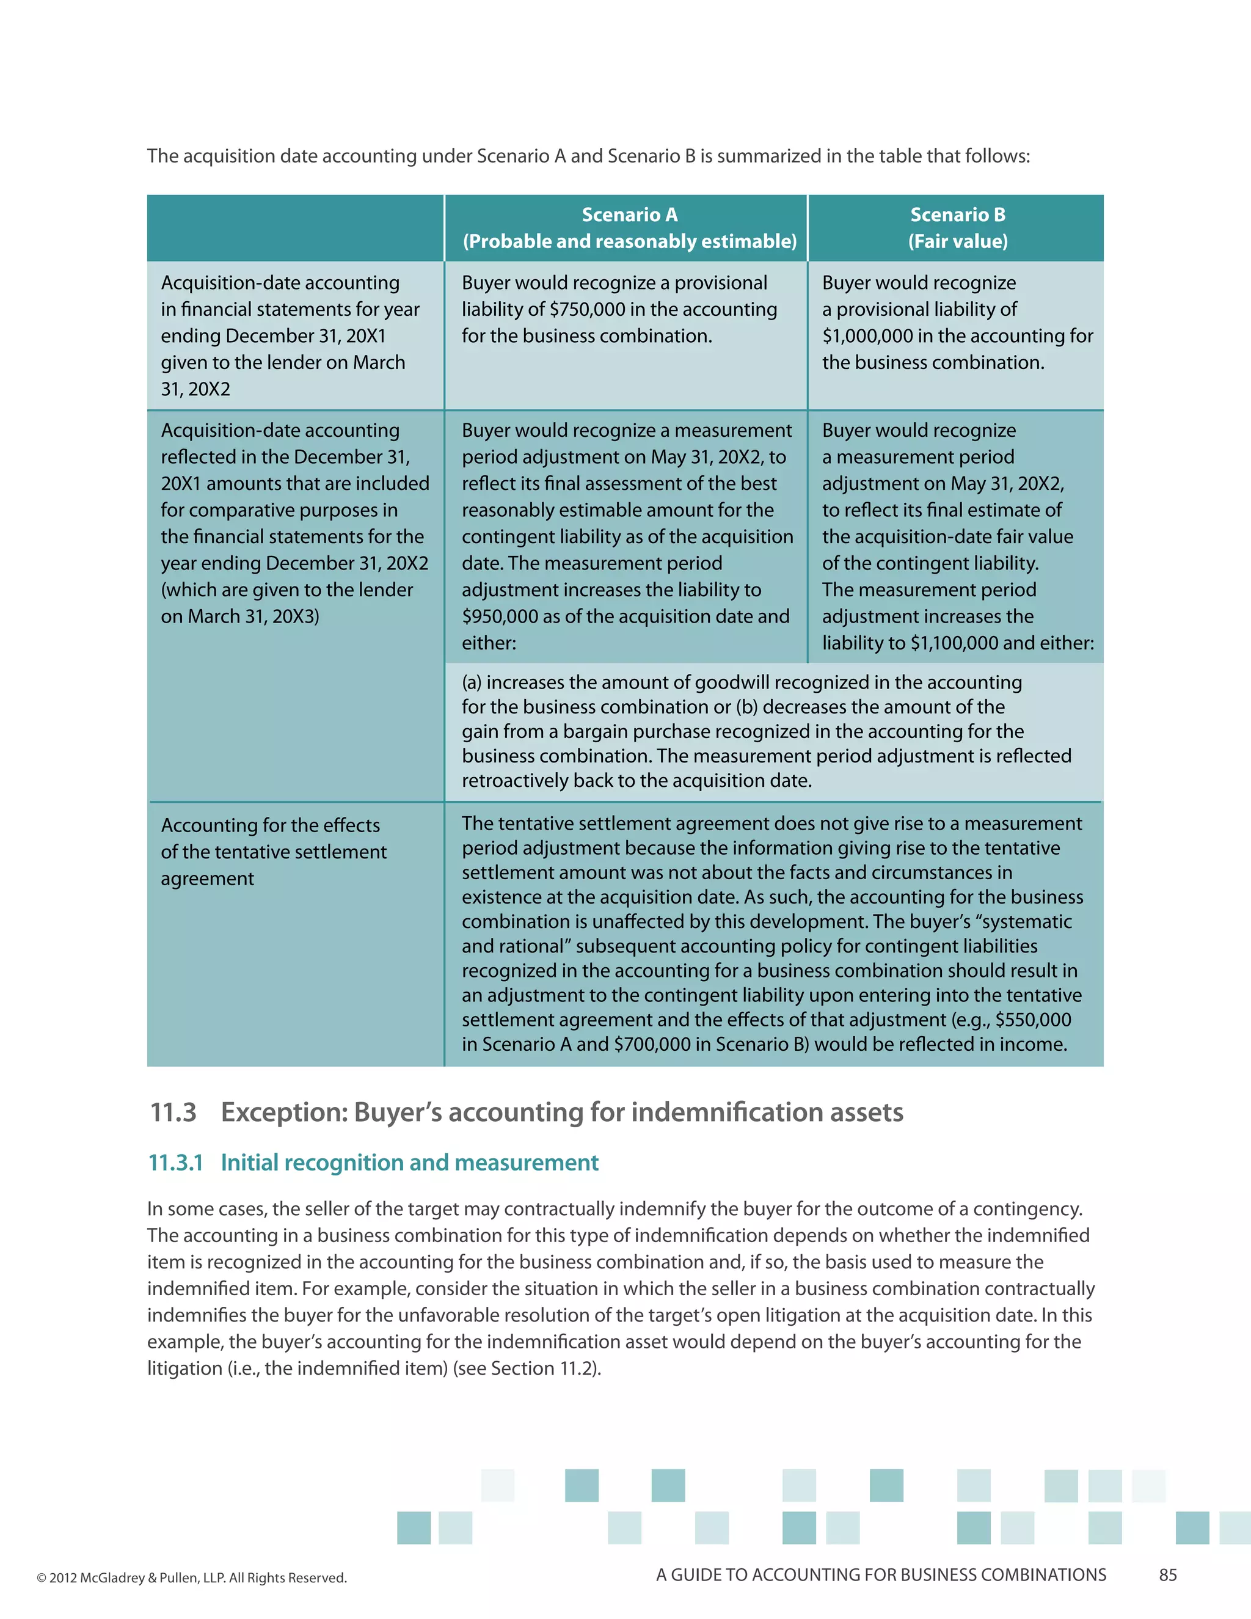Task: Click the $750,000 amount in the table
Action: pos(584,309)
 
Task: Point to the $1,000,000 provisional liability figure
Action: pos(867,336)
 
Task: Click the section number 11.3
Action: pos(173,1112)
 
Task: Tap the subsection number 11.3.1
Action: pos(176,1163)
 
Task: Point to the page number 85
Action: pos(1168,1575)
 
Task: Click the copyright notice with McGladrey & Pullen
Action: pos(191,1577)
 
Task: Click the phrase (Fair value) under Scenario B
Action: pos(958,241)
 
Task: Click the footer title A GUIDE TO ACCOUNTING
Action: pos(880,1575)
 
